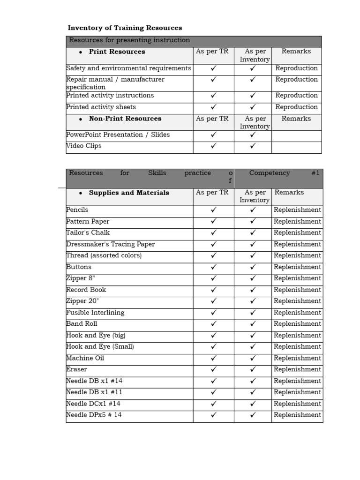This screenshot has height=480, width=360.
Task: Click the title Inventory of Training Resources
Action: [x=125, y=28]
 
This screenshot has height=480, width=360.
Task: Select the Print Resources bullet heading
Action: [x=117, y=52]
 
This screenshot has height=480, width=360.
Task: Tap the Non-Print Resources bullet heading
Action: [x=125, y=119]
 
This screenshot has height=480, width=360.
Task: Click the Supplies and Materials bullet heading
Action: [x=129, y=193]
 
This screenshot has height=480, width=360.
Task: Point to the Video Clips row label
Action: [x=84, y=146]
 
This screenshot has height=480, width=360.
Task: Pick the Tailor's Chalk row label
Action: [x=88, y=233]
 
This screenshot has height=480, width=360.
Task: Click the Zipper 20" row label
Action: [x=81, y=301]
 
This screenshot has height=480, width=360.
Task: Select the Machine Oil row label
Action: [x=85, y=359]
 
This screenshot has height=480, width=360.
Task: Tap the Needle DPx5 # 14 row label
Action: [x=94, y=415]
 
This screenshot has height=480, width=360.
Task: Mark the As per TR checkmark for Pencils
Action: [x=213, y=210]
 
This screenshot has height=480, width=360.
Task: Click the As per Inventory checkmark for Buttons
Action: [x=253, y=267]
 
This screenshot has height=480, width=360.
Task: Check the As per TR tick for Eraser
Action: [x=213, y=370]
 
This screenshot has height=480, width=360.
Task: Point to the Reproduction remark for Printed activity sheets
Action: [x=296, y=107]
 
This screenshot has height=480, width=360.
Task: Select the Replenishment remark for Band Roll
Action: [x=297, y=324]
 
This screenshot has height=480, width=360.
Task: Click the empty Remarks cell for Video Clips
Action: [x=296, y=147]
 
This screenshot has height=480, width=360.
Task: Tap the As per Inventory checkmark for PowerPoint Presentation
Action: [x=253, y=135]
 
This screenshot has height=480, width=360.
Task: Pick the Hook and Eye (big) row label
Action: [x=96, y=336]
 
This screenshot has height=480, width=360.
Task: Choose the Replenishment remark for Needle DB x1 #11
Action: [x=297, y=392]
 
